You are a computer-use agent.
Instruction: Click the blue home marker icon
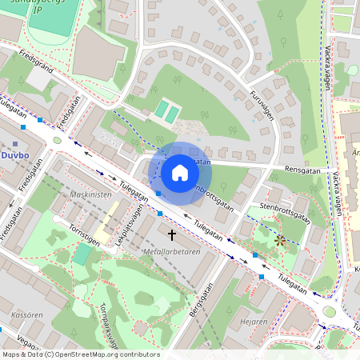pos(180,172)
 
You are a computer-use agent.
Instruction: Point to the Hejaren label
pos(254,322)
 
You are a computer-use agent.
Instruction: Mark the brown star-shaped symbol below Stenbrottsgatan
pos(280,239)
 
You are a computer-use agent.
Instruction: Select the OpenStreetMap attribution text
pos(80,354)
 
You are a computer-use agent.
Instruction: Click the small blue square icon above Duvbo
pos(16,143)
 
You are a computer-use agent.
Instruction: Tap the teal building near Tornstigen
pos(82,254)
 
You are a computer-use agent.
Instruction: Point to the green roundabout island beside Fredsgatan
pos(57,141)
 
